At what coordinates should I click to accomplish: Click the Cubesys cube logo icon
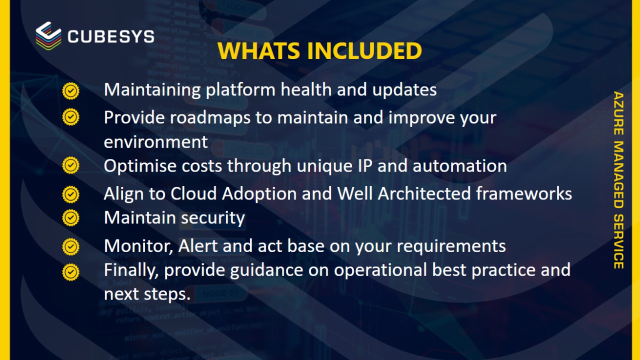[48, 35]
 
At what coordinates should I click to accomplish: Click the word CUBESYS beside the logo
[111, 36]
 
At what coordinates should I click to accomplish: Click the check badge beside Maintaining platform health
[71, 91]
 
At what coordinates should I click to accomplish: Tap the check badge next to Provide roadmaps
[71, 117]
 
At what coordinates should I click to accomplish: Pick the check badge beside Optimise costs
[71, 165]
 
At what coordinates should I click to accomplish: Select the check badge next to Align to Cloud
[71, 194]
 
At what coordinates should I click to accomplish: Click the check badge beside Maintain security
[71, 218]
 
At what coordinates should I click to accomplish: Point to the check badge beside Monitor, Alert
[71, 247]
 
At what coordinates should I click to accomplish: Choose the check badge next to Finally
[71, 272]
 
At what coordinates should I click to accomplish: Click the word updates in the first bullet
[404, 90]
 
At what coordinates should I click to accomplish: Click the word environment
[155, 142]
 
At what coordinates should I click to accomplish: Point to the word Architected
[424, 193]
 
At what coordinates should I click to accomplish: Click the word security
[213, 218]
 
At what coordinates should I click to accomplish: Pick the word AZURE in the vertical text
[618, 113]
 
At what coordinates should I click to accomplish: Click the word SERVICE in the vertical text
[618, 241]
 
